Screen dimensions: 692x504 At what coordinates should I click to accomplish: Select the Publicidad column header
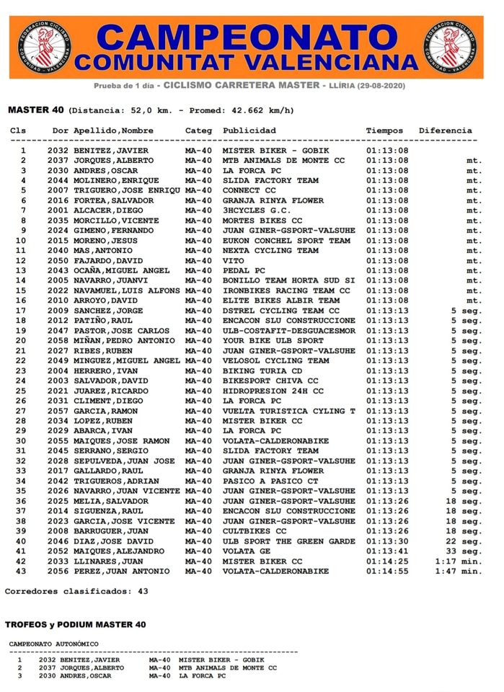(249, 130)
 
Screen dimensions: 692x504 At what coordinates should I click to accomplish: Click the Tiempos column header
(385, 130)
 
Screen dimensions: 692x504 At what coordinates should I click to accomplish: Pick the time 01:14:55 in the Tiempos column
(387, 571)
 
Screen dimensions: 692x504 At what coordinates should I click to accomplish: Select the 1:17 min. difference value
(458, 561)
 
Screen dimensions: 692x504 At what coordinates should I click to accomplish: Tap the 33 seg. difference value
(463, 551)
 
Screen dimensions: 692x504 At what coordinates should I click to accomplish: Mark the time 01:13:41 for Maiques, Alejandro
(387, 551)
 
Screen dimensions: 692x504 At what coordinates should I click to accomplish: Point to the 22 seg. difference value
(463, 541)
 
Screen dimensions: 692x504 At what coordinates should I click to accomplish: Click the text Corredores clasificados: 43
(76, 591)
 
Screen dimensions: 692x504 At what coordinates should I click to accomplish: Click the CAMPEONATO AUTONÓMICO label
(54, 644)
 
